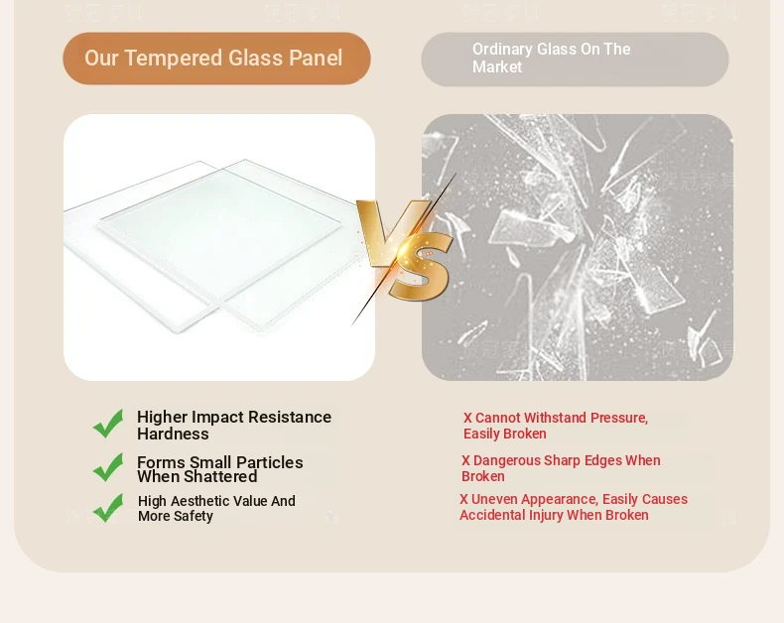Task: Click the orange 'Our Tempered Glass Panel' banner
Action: click(x=216, y=59)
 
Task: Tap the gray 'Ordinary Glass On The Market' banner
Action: click(x=575, y=60)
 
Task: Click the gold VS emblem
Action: click(x=405, y=250)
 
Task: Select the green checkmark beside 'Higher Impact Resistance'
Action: click(x=108, y=424)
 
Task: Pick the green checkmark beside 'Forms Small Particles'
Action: click(x=108, y=467)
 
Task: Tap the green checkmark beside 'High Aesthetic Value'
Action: click(x=108, y=508)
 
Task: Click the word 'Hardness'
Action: click(x=173, y=434)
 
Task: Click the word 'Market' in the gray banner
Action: click(x=497, y=67)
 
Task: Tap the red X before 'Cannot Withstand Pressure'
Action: click(x=467, y=418)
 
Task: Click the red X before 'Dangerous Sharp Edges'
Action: click(x=465, y=460)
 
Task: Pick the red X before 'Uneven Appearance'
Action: click(x=464, y=500)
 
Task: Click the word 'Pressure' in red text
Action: click(x=619, y=418)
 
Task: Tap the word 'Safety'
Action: click(x=194, y=517)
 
